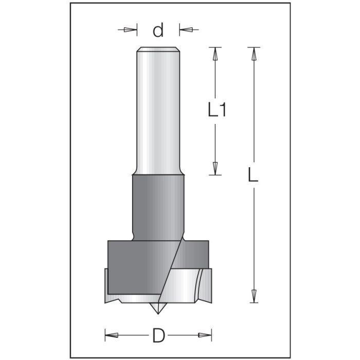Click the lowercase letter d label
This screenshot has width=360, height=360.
(158, 31)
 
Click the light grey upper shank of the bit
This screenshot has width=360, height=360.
(158, 113)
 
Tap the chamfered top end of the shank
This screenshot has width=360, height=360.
(158, 50)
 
